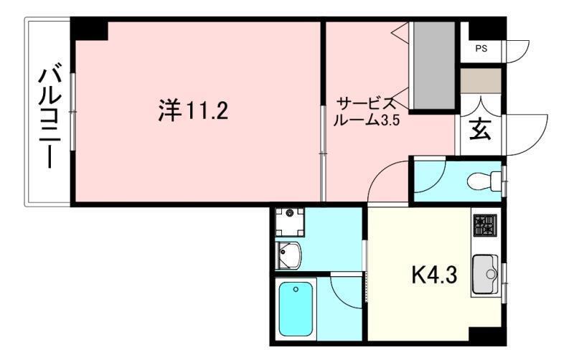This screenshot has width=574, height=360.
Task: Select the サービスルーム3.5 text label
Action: [366, 111]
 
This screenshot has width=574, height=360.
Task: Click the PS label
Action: [479, 49]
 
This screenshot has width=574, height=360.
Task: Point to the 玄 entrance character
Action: [480, 131]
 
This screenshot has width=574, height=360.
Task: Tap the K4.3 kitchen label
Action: [433, 275]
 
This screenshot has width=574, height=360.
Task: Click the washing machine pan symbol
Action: [289, 220]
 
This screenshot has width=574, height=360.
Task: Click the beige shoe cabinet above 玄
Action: [480, 80]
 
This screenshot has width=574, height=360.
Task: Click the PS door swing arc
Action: [518, 49]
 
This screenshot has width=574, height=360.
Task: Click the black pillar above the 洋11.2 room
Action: [90, 29]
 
